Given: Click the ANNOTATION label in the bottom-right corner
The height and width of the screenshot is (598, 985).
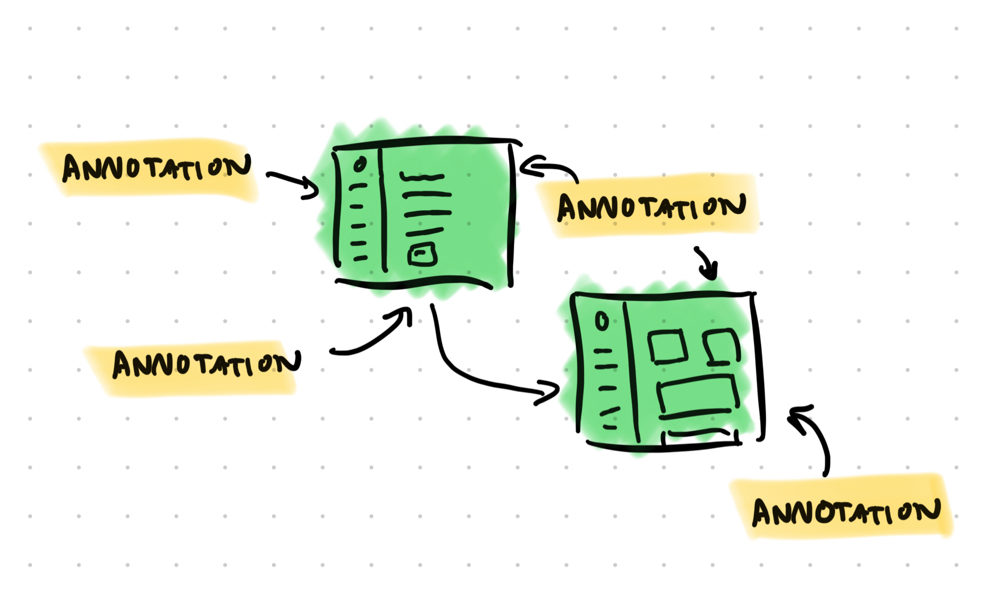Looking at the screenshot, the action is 846,511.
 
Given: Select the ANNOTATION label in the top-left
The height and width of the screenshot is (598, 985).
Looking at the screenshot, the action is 156,168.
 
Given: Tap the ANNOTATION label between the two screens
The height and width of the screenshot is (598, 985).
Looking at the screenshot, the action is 652,206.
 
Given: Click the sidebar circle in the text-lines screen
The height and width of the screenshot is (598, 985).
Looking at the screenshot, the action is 360,164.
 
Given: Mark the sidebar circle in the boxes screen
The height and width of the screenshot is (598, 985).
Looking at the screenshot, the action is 601,321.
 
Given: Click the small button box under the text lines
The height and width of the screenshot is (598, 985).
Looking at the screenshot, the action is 422,254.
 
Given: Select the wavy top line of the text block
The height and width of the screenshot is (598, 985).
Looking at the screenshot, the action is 422,178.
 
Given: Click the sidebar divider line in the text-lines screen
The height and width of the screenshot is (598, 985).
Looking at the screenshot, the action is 383,209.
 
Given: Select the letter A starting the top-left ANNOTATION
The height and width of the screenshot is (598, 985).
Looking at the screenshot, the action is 72,168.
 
